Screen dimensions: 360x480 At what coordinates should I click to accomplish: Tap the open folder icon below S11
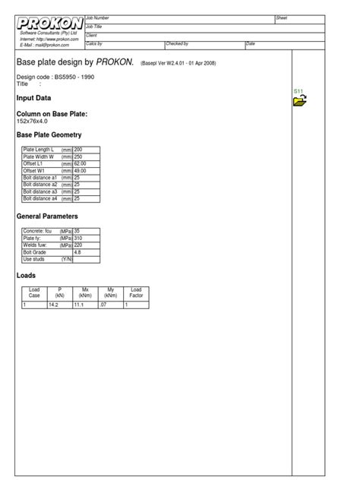tap(300, 100)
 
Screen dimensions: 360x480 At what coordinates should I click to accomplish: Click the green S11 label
tap(298, 91)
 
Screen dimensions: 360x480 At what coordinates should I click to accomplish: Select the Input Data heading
tap(33, 99)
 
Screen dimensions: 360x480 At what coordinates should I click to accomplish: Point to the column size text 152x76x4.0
tap(33, 120)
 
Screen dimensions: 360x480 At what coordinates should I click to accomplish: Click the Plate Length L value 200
tap(78, 150)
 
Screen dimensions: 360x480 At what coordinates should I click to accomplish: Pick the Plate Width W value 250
tap(78, 156)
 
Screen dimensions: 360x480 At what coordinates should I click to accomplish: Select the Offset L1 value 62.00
tap(80, 164)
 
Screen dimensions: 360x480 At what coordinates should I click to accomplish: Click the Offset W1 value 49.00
tap(80, 171)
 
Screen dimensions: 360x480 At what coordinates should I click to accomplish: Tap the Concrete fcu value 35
tap(77, 231)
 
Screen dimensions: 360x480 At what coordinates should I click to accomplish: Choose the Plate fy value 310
tap(77, 238)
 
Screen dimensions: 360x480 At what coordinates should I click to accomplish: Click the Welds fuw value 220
tap(77, 245)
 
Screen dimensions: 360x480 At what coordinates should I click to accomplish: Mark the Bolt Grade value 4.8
tap(77, 252)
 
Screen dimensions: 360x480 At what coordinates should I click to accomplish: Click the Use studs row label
tap(35, 259)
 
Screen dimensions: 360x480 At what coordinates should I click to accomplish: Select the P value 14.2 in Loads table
tap(53, 305)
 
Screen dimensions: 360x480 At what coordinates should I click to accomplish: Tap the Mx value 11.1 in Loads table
tap(78, 305)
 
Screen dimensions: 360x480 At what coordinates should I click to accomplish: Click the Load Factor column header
tap(136, 292)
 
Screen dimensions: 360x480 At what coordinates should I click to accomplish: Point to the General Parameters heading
tap(47, 216)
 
